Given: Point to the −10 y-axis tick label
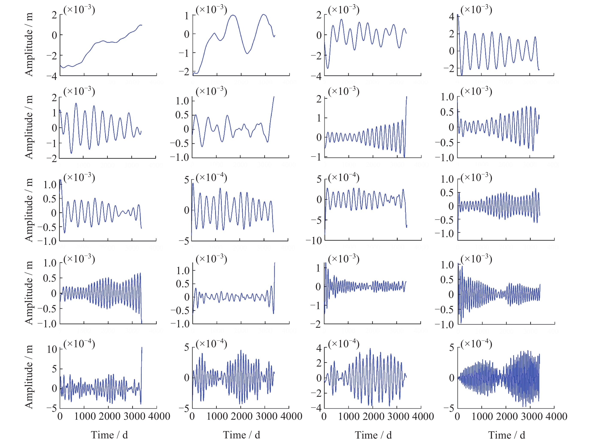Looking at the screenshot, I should (314, 241).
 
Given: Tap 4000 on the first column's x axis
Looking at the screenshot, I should (159, 416).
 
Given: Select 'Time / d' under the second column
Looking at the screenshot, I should (241, 435).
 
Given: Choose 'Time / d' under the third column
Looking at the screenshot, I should (373, 435).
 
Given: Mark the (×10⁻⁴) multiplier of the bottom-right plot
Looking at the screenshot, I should (476, 343).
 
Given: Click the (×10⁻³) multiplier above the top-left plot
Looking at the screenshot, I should (79, 10).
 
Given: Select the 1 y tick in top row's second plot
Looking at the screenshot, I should (187, 16).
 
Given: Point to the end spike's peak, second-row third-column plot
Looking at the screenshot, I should (407, 97).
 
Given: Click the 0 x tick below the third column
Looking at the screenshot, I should (324, 416).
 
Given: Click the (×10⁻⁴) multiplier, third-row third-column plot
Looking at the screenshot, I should (344, 177).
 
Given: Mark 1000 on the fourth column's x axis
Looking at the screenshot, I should (482, 416).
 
